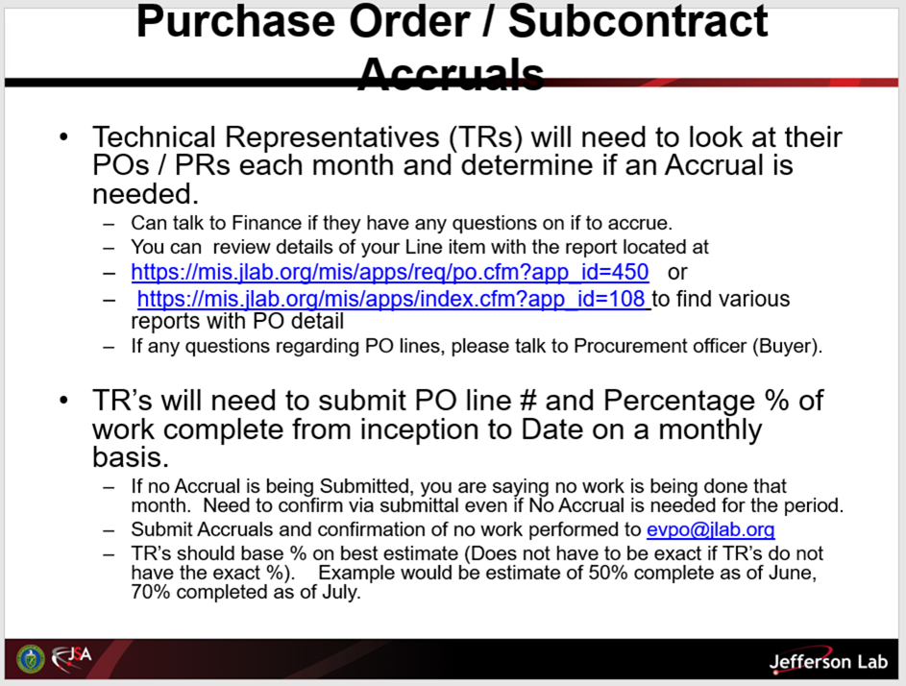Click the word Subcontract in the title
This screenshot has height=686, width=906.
[x=638, y=21]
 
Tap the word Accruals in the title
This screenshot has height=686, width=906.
[x=452, y=74]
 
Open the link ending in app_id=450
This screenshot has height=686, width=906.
[x=390, y=272]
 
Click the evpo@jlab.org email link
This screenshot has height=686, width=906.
[x=711, y=529]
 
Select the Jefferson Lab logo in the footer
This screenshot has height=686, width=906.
[x=828, y=661]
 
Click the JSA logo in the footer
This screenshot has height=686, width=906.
[x=72, y=658]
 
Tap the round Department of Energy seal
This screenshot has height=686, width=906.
[x=31, y=659]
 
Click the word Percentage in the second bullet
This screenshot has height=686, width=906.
[x=679, y=401]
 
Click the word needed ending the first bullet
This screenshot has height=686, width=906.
[x=146, y=194]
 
